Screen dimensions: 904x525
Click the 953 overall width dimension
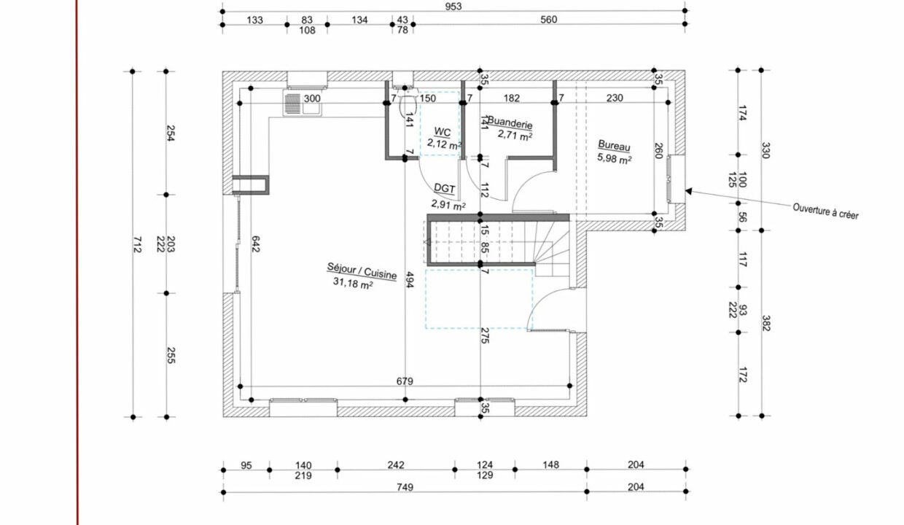[x=453, y=7]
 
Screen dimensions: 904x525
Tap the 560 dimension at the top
[x=548, y=20]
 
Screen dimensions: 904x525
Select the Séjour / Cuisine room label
[x=362, y=271]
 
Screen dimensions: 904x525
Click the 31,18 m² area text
[x=353, y=283]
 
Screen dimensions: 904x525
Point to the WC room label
[x=443, y=132]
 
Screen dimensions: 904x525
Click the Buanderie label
[x=510, y=122]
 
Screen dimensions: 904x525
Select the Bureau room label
[x=614, y=146]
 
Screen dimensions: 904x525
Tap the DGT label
[x=444, y=188]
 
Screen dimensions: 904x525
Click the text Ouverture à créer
[x=825, y=211]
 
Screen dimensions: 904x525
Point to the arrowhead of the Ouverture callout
[x=688, y=191]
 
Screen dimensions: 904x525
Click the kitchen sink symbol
[x=303, y=103]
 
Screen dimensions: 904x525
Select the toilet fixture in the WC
[x=408, y=104]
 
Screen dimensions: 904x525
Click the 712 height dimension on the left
[x=137, y=244]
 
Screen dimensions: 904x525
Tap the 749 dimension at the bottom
[x=405, y=487]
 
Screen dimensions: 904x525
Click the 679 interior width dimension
[x=405, y=381]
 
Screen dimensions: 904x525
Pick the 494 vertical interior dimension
[x=410, y=280]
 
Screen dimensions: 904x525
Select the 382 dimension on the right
[x=766, y=323]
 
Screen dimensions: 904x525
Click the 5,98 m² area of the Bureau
[x=615, y=158]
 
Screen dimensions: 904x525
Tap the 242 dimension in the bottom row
[x=396, y=465]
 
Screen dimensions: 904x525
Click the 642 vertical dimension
[x=255, y=244]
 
